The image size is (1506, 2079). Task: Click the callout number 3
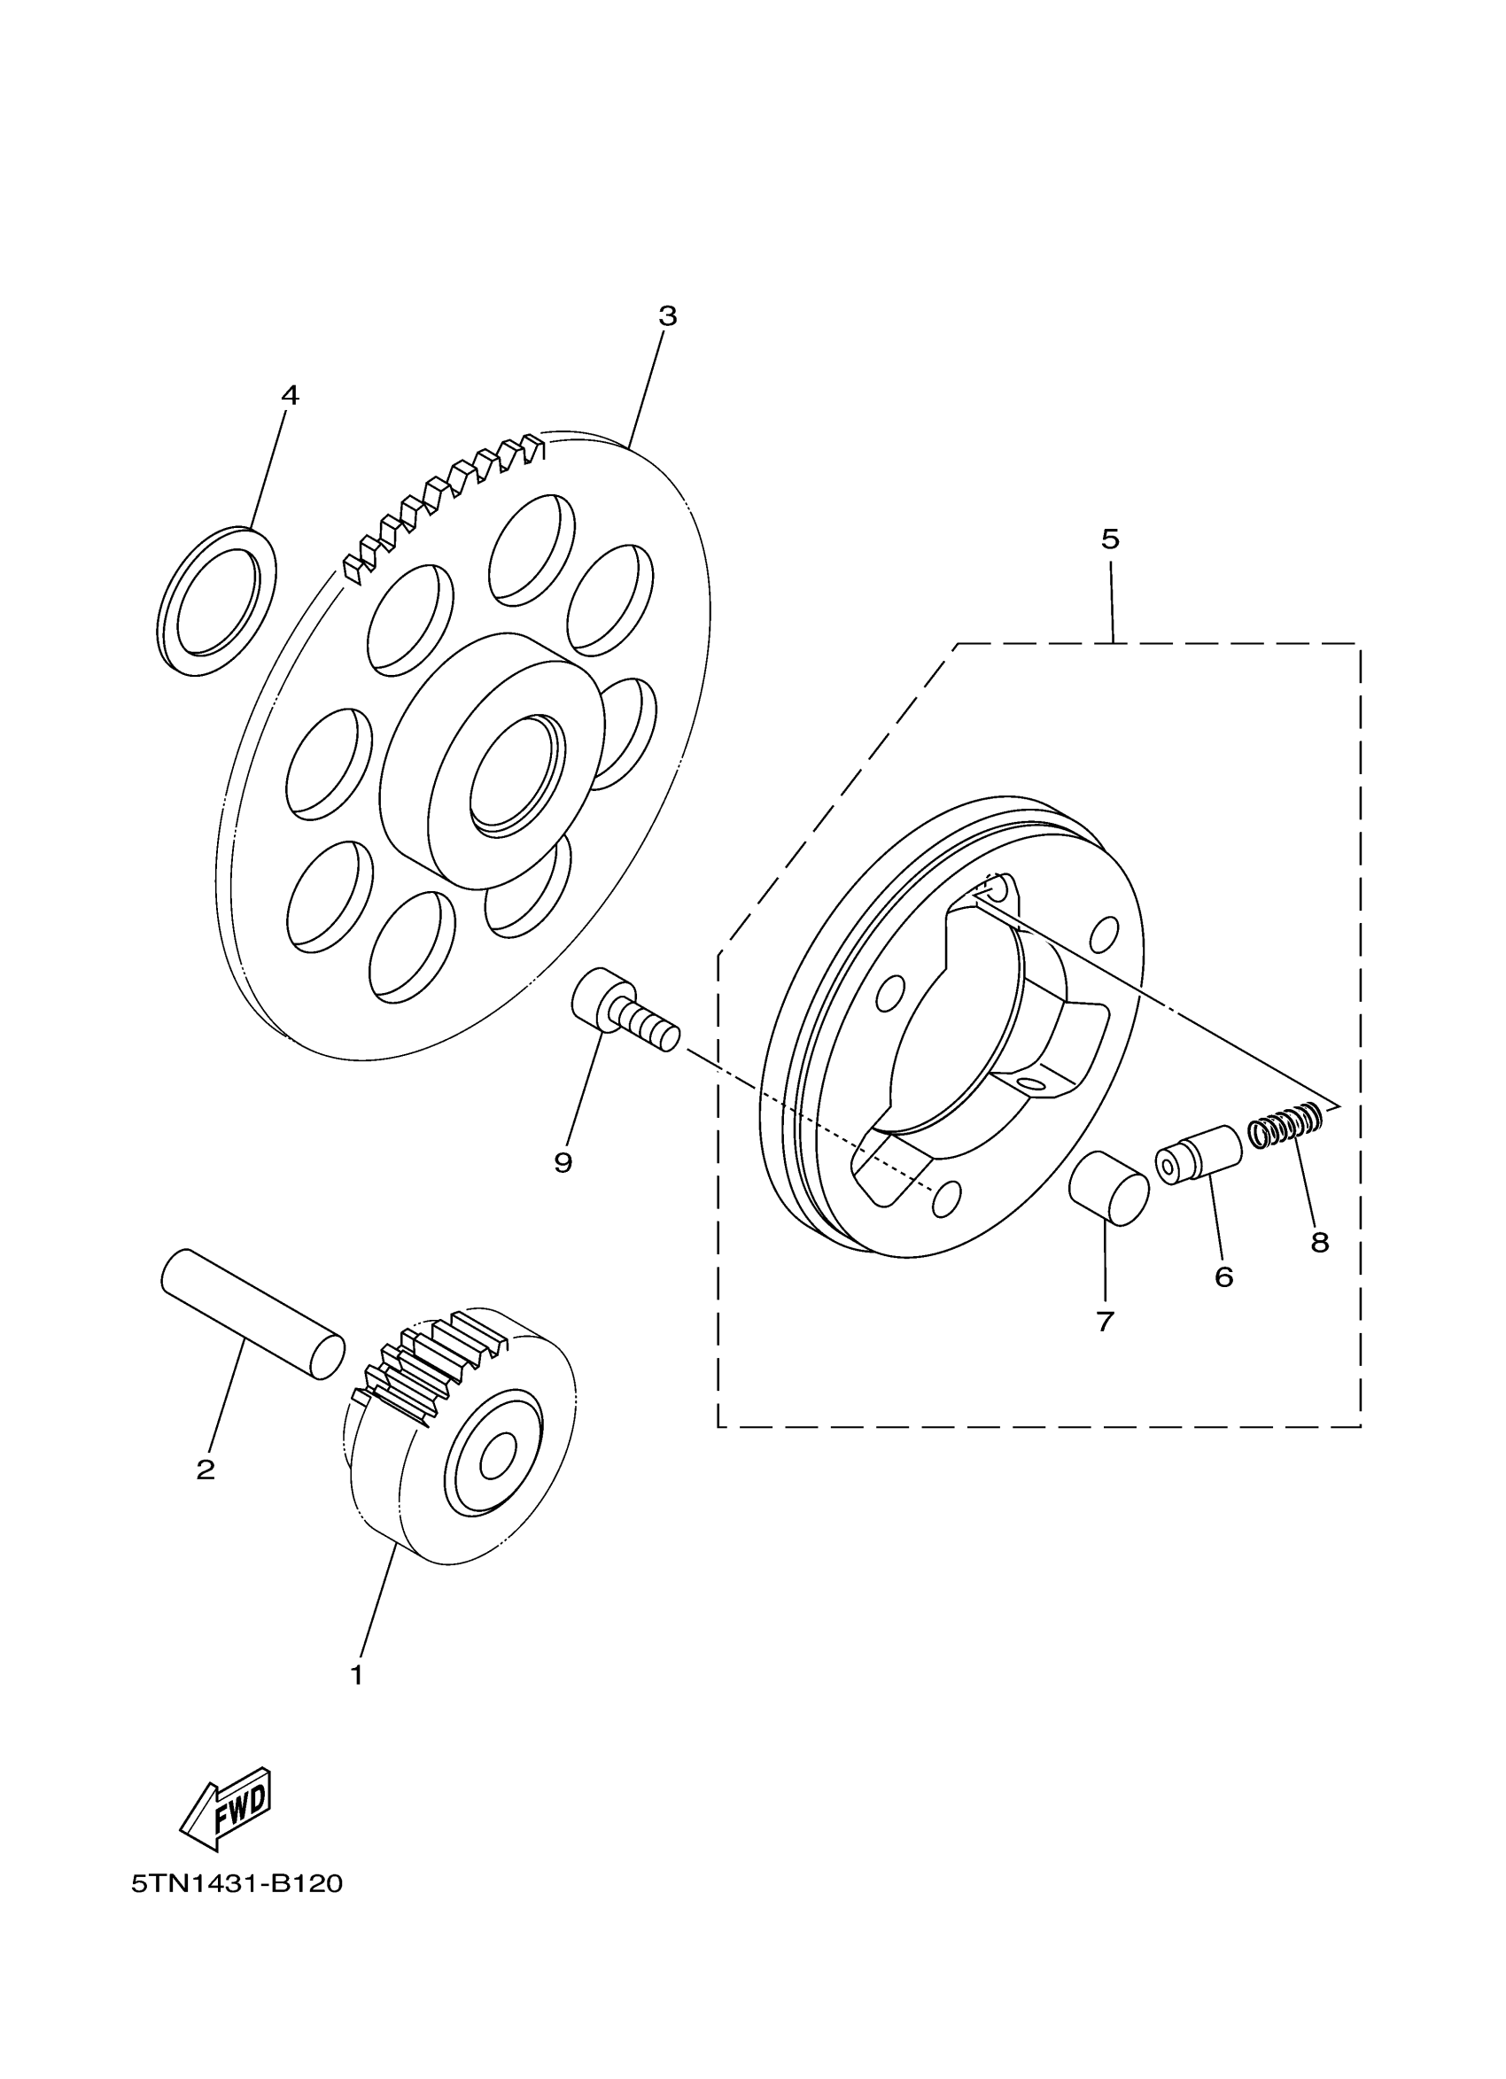(x=667, y=316)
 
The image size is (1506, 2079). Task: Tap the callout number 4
(x=290, y=395)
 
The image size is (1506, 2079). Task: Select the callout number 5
(x=1110, y=539)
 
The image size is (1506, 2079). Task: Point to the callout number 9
(x=563, y=1162)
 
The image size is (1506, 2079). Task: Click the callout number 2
(x=206, y=1470)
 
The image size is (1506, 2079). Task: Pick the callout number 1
(x=356, y=1675)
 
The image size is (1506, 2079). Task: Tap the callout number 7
(x=1105, y=1321)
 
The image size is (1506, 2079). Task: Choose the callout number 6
(x=1223, y=1276)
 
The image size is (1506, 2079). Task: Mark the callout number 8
(x=1319, y=1242)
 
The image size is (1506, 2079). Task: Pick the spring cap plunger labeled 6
(x=1198, y=1155)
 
